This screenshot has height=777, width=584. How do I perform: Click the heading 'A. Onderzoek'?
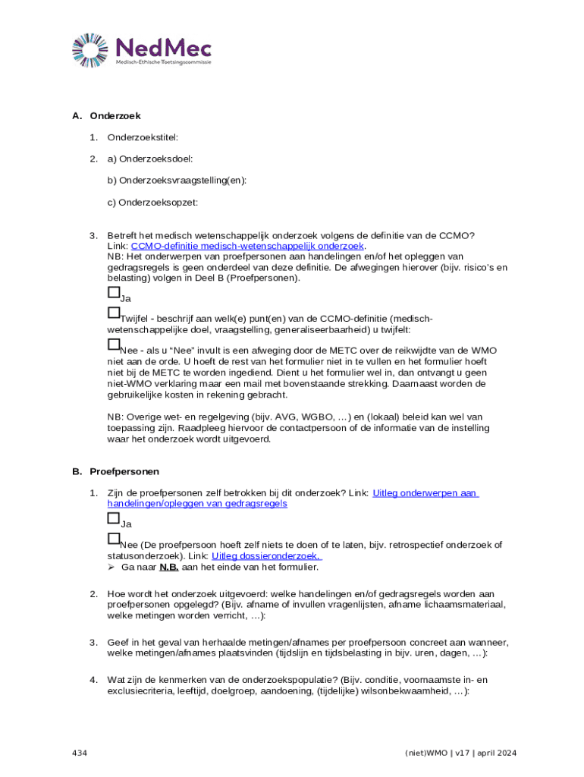click(x=107, y=116)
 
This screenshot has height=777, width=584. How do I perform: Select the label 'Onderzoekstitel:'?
click(x=143, y=137)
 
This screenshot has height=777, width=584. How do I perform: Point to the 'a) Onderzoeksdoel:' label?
click(x=150, y=159)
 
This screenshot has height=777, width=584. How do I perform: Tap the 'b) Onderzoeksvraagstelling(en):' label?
click(x=177, y=181)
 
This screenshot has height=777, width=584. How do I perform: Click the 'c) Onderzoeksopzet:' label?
click(x=152, y=202)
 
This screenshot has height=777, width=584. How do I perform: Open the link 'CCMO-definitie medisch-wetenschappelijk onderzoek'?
click(x=248, y=246)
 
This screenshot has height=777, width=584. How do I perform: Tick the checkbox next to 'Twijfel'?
click(x=114, y=313)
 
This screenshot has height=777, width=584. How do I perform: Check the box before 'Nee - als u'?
click(x=114, y=345)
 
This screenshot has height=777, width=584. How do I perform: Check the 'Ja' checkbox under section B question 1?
click(x=114, y=519)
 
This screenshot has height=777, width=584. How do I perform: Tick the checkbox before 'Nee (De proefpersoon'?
click(x=114, y=539)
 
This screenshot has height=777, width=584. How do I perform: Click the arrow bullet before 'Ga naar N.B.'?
click(x=111, y=567)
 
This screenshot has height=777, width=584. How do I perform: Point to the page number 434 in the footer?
click(x=80, y=753)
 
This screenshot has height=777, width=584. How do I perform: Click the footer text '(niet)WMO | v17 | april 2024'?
click(x=461, y=753)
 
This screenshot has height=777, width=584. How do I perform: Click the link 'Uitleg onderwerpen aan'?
click(x=425, y=493)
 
